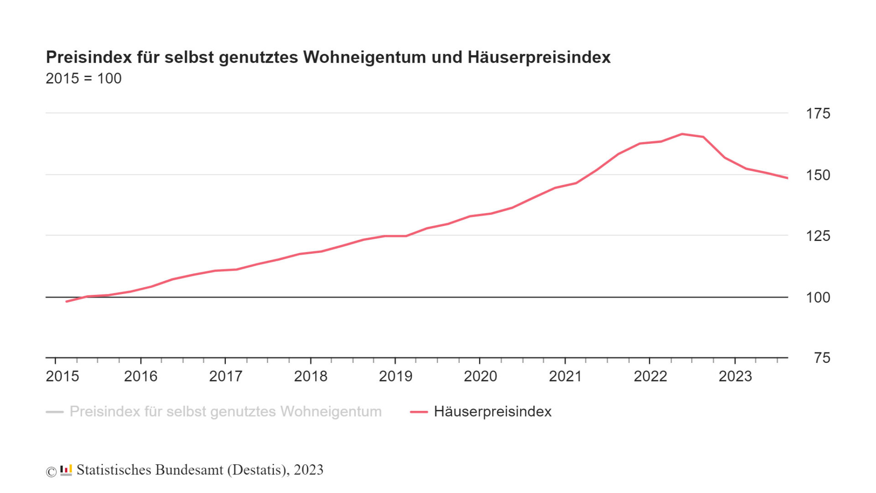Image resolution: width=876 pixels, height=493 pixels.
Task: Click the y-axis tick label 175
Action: coord(818,113)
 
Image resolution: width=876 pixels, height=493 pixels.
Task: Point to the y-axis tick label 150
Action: coord(818,175)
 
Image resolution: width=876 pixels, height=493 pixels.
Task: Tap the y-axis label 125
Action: coord(818,236)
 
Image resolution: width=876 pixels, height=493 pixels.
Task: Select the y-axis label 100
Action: coord(818,297)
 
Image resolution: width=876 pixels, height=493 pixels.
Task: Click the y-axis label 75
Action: coord(822,358)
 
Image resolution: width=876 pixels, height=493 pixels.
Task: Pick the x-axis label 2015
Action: coord(63,376)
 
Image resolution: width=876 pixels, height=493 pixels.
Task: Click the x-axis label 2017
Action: coord(225,376)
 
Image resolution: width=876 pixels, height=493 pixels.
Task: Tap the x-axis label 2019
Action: coord(396,376)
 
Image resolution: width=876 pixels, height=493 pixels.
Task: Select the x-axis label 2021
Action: coord(565,376)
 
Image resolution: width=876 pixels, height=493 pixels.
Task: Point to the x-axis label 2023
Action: coord(735,376)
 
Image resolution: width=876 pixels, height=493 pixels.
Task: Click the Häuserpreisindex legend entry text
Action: coord(493,412)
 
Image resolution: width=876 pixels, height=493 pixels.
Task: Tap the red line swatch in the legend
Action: coord(419,412)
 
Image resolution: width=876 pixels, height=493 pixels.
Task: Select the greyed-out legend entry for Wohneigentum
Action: coord(225,412)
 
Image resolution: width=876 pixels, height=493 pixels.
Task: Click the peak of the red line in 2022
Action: coord(682,134)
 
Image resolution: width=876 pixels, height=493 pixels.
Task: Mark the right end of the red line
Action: coord(787,178)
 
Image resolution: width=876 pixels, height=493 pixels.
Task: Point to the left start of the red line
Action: coord(67,302)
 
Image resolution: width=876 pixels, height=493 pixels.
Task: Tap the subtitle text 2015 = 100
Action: coord(83,79)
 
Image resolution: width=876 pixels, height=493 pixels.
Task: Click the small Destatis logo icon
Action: coord(66,470)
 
